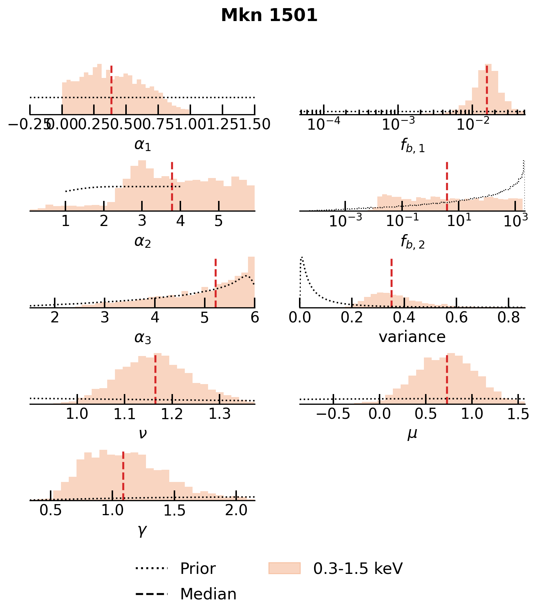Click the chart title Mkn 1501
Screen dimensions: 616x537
pos(269,16)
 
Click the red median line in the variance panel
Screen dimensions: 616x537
pos(391,283)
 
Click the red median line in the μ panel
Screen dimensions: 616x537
pos(447,379)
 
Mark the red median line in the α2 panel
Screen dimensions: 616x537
pos(172,186)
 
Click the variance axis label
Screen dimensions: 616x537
pos(412,337)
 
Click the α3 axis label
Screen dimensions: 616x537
pos(143,338)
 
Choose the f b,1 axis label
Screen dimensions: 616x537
pos(412,146)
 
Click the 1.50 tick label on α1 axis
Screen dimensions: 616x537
pos(255,125)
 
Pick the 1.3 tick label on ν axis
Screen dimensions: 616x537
pos(220,414)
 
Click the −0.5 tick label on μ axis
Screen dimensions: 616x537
pos(333,414)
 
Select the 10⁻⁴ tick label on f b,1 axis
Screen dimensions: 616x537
pos(323,125)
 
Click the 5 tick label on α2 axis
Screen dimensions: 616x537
pos(219,221)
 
